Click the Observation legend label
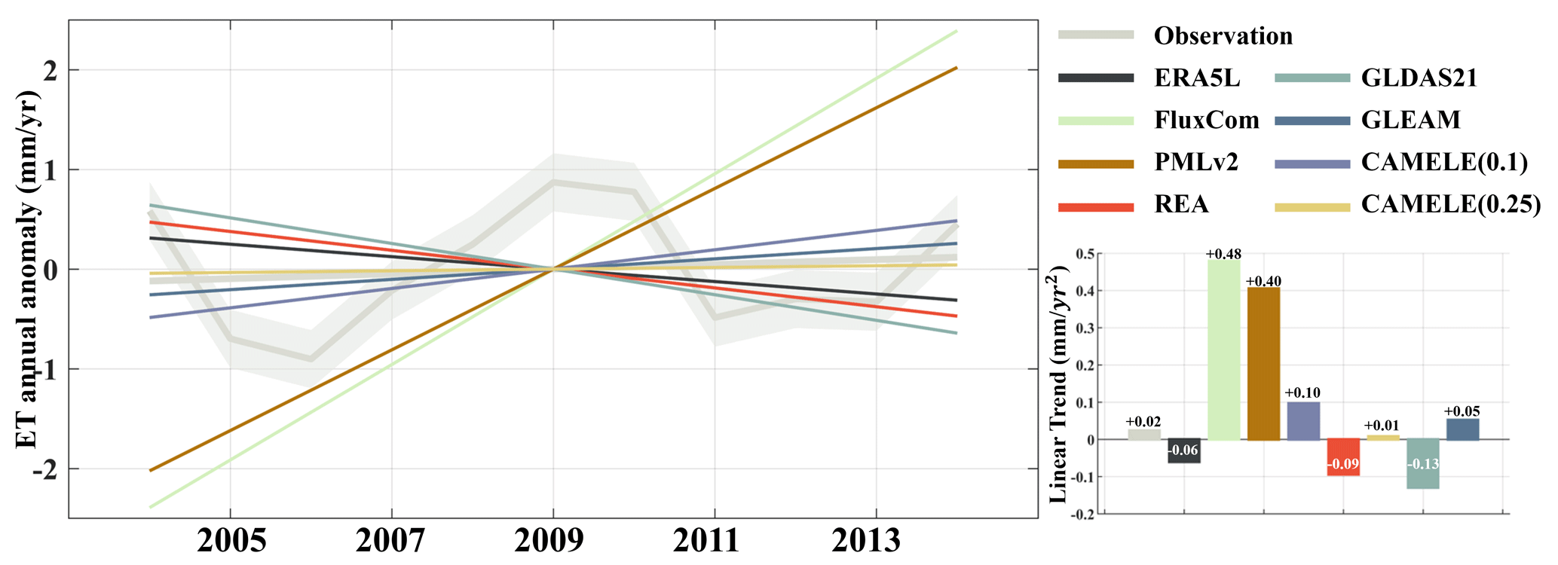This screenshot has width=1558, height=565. pyautogui.click(x=1223, y=35)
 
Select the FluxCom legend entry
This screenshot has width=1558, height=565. pyautogui.click(x=1206, y=120)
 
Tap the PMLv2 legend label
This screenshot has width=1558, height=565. pyautogui.click(x=1196, y=162)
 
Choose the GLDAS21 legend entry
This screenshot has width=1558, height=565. pyautogui.click(x=1419, y=78)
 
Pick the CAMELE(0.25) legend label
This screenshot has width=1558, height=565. pyautogui.click(x=1450, y=204)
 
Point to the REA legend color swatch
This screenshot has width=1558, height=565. pyautogui.click(x=1096, y=206)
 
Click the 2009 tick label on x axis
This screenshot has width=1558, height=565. pyautogui.click(x=553, y=540)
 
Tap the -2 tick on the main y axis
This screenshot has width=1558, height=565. pyautogui.click(x=45, y=470)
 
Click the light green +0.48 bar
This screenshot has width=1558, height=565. pyautogui.click(x=1223, y=350)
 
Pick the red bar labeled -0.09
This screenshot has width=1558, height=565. pyautogui.click(x=1343, y=457)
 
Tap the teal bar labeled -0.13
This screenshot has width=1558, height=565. pyautogui.click(x=1422, y=463)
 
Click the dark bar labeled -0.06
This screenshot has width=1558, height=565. pyautogui.click(x=1183, y=450)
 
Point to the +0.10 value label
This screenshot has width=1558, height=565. pyautogui.click(x=1302, y=392)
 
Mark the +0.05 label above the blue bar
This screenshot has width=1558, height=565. pyautogui.click(x=1462, y=411)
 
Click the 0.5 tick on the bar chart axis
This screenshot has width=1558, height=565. pyautogui.click(x=1085, y=254)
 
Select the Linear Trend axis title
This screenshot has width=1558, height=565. pyautogui.click(x=1058, y=384)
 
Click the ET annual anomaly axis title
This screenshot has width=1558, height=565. pyautogui.click(x=27, y=269)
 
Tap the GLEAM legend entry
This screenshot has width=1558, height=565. pyautogui.click(x=1410, y=120)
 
